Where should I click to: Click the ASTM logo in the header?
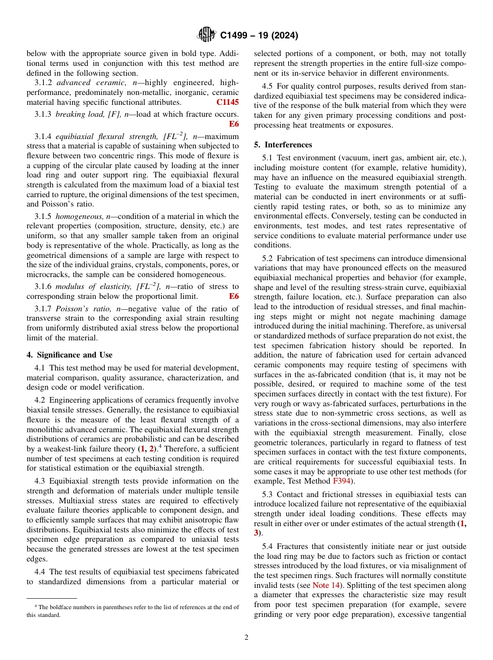[207, 35]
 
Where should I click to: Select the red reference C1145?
[227, 103]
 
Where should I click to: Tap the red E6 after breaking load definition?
[234, 124]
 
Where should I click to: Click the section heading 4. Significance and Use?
[69, 355]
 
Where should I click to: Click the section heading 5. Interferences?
[283, 145]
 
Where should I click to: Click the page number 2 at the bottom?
[246, 638]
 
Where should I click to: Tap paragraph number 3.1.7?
[44, 309]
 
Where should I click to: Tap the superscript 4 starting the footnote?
[36, 606]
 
